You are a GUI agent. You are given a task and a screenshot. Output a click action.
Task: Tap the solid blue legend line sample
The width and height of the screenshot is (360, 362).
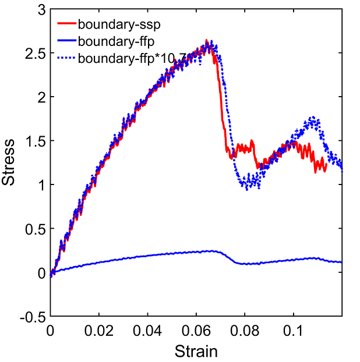66,42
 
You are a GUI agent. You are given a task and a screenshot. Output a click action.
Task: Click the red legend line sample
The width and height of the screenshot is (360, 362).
66,25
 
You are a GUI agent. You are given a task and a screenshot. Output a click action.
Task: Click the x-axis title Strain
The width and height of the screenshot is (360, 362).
196,352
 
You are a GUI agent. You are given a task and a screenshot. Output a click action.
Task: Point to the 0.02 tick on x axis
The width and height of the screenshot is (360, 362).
98,331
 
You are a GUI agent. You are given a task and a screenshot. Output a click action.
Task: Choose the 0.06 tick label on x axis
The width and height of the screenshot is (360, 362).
196,331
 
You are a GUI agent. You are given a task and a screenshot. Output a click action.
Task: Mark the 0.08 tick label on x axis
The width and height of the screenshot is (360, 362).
245,331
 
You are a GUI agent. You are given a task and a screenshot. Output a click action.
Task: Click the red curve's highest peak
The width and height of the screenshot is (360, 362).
207,41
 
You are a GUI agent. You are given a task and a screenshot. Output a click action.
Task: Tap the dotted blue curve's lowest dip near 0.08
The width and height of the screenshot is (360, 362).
249,187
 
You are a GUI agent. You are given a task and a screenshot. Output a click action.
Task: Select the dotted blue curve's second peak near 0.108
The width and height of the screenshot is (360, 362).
313,118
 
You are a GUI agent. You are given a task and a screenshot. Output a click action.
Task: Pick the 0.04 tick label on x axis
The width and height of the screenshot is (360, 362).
147,331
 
